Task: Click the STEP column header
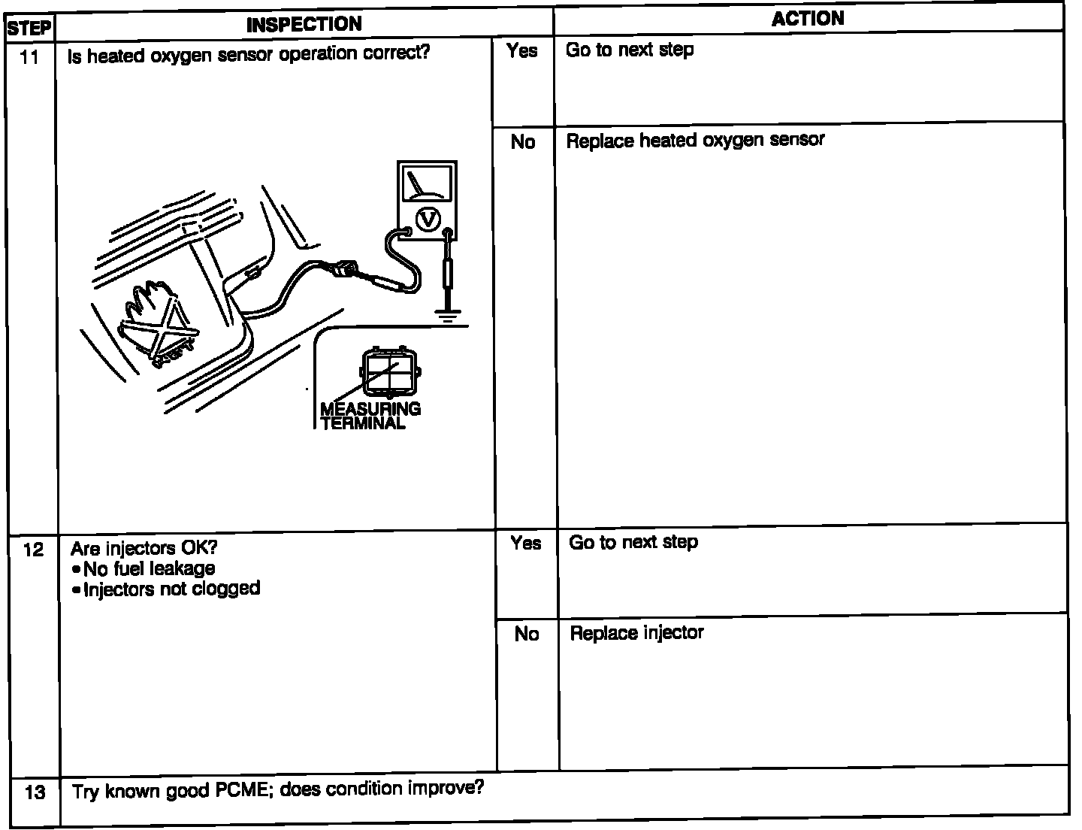click(x=29, y=29)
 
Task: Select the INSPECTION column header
click(x=304, y=24)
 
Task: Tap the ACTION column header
click(x=808, y=19)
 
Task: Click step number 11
click(x=29, y=57)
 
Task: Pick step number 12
click(x=34, y=550)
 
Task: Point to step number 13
click(x=35, y=792)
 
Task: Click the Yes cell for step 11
click(x=522, y=51)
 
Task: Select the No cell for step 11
click(x=523, y=142)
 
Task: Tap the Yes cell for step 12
click(x=525, y=543)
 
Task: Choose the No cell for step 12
click(x=527, y=635)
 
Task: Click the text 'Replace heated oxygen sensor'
click(x=695, y=141)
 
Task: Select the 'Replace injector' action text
click(x=636, y=633)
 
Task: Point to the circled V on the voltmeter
click(x=428, y=219)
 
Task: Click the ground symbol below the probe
click(x=448, y=316)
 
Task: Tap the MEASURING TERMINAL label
click(x=370, y=416)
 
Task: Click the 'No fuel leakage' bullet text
click(x=149, y=568)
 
